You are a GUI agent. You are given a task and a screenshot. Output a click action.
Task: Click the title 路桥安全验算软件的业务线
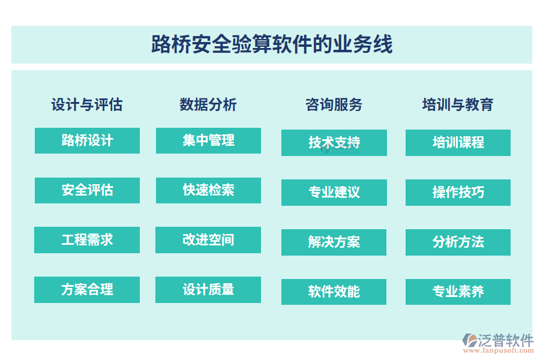point(271,45)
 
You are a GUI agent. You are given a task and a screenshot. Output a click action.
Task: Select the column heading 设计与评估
point(87,104)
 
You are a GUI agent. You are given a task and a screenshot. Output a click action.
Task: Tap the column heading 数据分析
point(208,104)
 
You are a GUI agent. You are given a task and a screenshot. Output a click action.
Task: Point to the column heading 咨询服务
point(334,104)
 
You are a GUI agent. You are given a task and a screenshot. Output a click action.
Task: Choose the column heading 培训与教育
point(458,104)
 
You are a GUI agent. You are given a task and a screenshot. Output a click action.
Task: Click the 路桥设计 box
point(87,140)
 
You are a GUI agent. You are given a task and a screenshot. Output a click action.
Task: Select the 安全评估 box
point(87,190)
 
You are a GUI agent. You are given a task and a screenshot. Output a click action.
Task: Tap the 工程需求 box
point(87,240)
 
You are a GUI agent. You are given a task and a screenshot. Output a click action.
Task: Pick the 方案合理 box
point(87,290)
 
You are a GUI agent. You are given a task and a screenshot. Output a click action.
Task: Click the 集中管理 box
point(208,140)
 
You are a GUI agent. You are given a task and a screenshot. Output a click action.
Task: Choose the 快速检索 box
point(208,190)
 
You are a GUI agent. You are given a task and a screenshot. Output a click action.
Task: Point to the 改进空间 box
point(208,240)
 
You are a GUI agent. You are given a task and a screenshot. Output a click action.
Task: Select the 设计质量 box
point(208,290)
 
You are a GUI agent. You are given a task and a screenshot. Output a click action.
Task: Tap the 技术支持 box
point(334,143)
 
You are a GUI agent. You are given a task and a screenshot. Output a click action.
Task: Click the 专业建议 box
point(334,192)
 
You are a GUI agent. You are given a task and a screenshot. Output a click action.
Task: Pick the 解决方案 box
point(334,242)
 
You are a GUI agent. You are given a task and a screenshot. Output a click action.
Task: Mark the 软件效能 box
point(334,292)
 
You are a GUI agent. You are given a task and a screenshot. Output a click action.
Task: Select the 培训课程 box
point(458,143)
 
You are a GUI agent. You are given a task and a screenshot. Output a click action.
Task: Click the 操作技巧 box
point(458,192)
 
